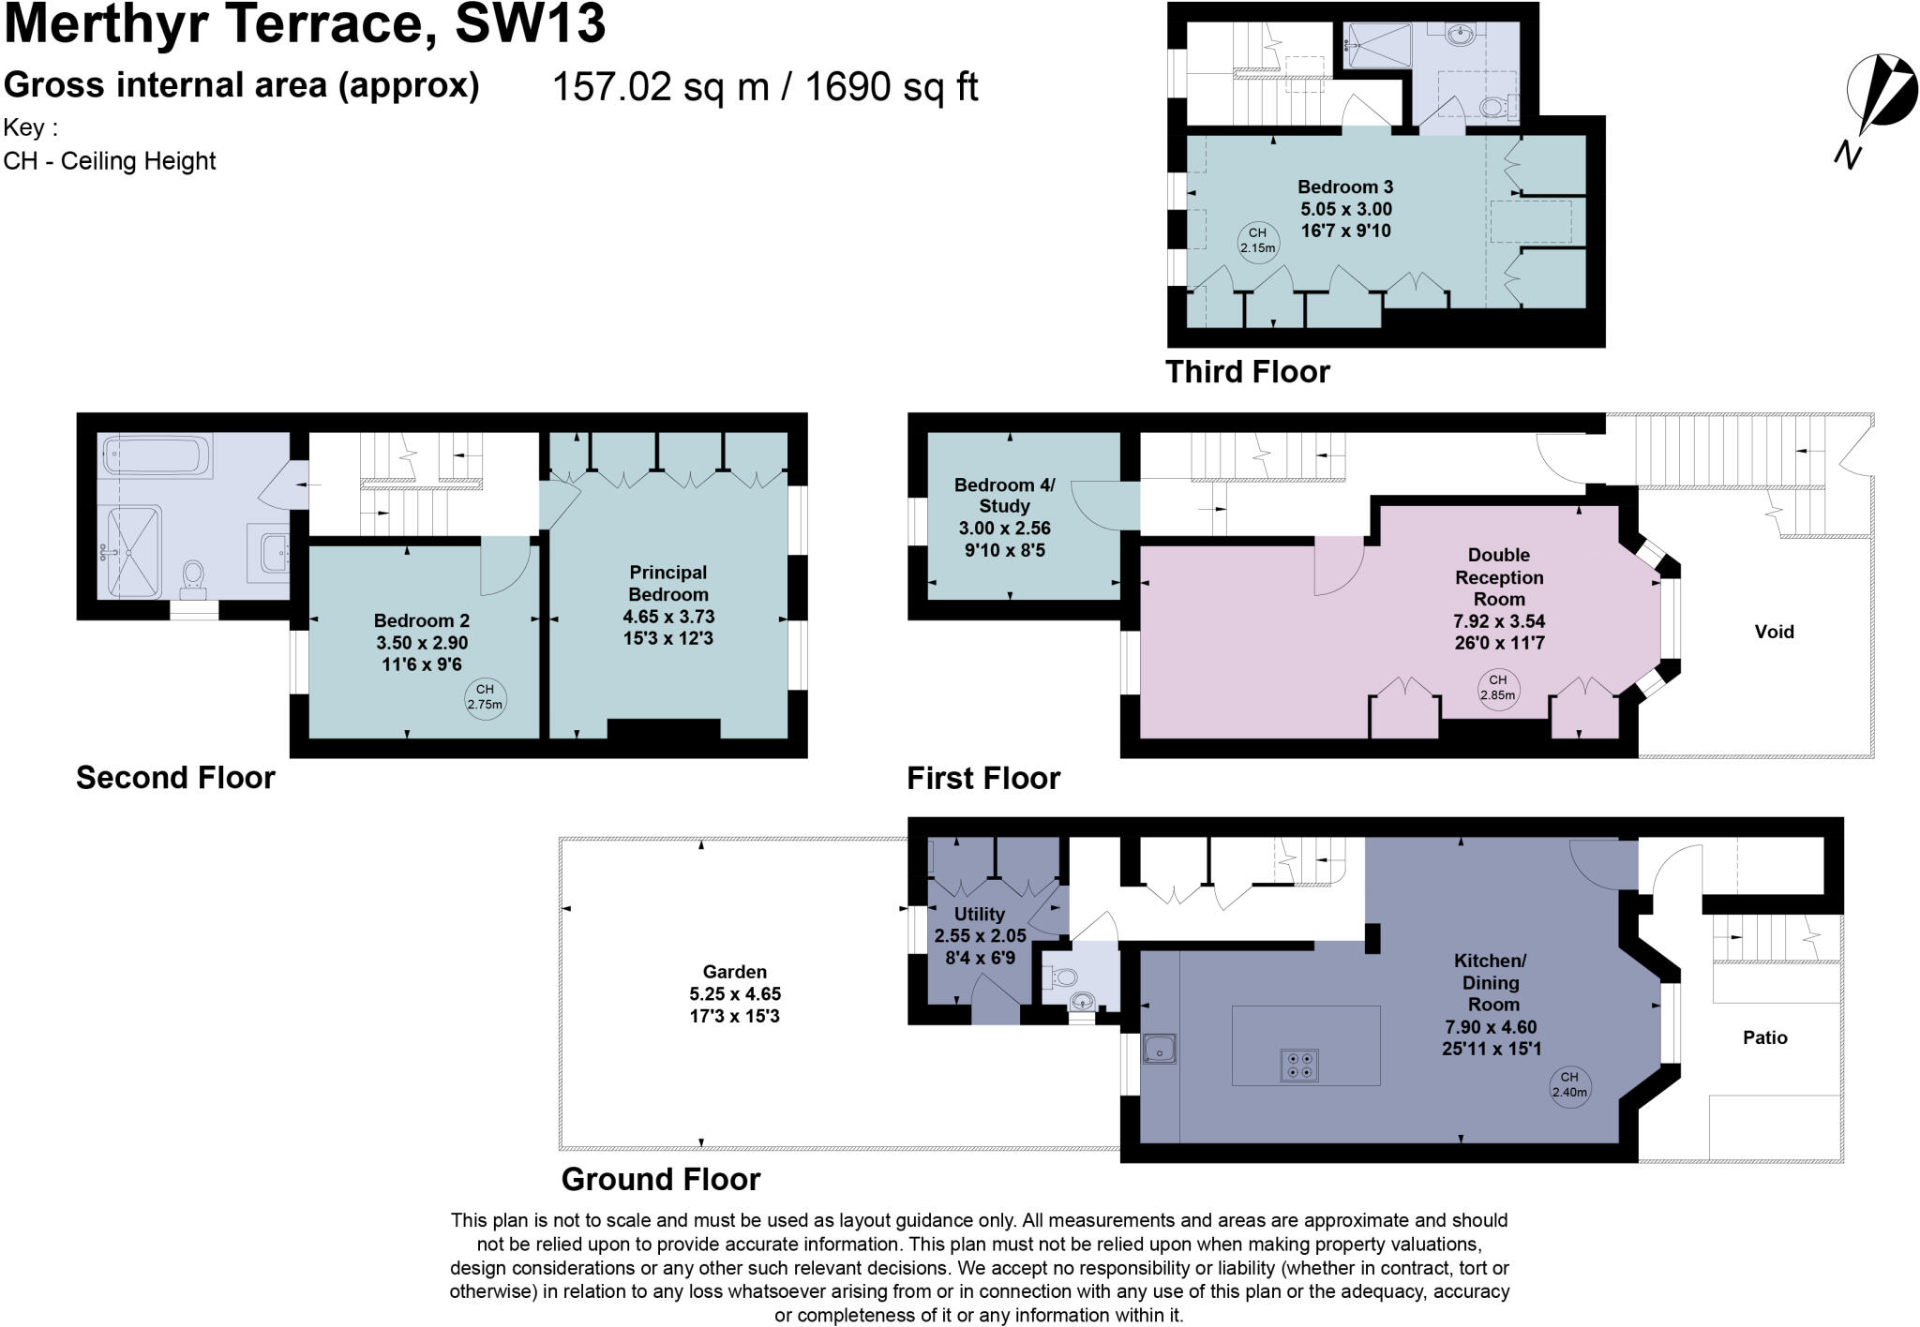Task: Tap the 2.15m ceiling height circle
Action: point(1257,241)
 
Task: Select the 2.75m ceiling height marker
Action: point(485,697)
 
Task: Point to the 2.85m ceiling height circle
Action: point(1497,688)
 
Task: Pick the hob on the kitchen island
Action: point(1298,1065)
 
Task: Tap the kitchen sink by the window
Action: point(1160,1049)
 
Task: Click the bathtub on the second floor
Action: point(156,455)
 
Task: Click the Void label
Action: point(1774,632)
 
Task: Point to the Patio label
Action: point(1764,1037)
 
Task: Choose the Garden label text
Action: point(735,972)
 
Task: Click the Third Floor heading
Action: point(1247,372)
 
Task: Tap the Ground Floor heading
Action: point(661,1179)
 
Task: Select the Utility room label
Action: point(980,914)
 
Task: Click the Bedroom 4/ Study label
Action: point(1004,495)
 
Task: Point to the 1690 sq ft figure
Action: point(892,87)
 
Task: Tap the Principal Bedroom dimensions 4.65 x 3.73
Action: point(668,617)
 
